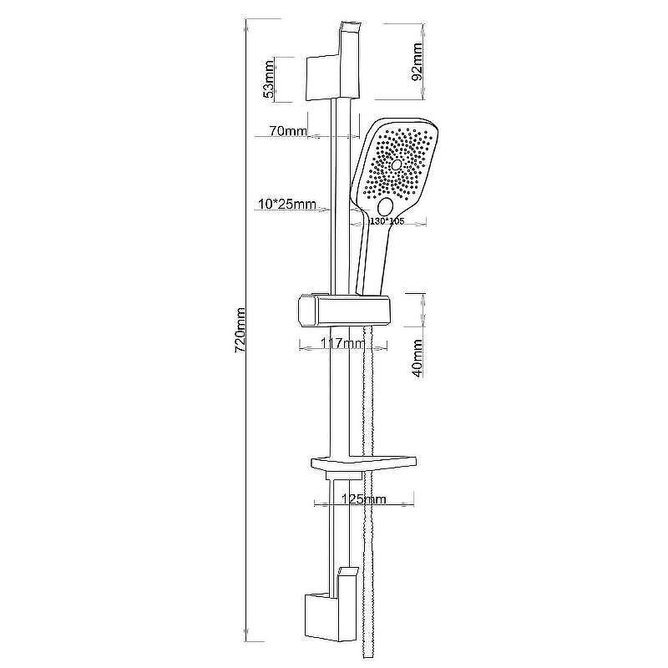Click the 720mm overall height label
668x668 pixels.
240,330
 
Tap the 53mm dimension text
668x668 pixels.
268,79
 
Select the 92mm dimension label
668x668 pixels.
417,61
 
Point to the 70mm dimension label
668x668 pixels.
288,131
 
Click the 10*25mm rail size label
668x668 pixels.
287,204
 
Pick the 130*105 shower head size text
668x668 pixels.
387,221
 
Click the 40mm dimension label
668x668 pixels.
417,358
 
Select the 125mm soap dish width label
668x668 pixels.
364,498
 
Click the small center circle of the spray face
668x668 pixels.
397,164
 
